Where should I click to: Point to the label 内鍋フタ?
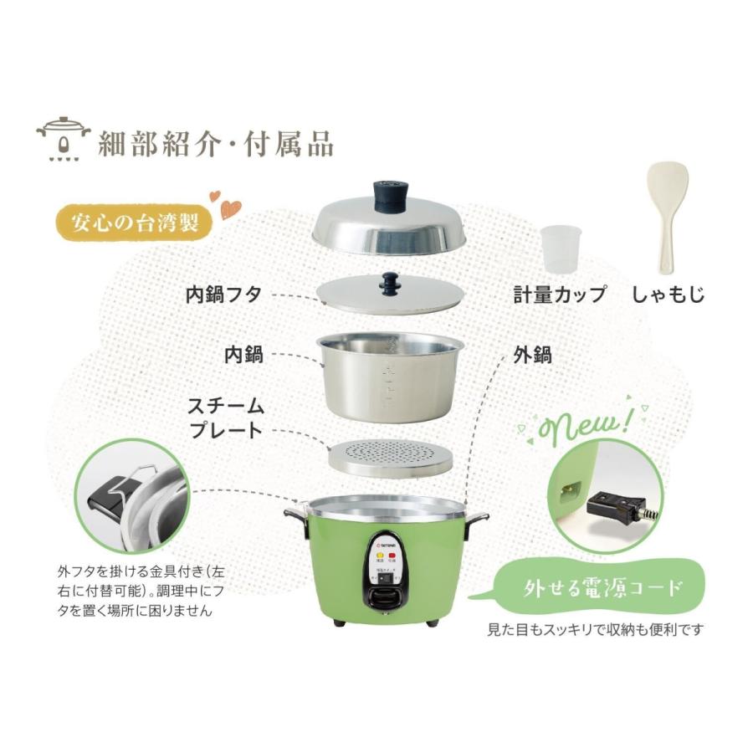click(x=223, y=295)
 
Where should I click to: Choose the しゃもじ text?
click(x=668, y=295)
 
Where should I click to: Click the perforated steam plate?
click(x=389, y=457)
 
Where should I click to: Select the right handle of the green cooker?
click(x=477, y=519)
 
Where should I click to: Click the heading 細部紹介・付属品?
click(x=216, y=144)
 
